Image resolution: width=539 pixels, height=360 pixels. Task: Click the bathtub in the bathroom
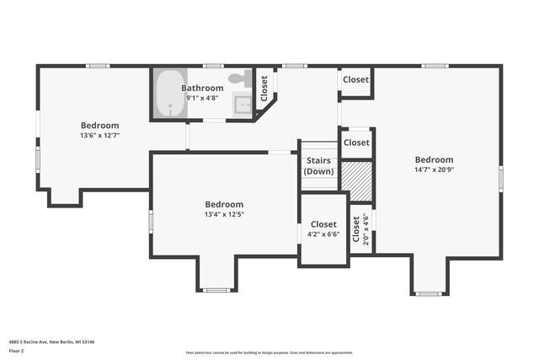[171, 94]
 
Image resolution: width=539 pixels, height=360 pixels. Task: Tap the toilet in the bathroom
[239, 78]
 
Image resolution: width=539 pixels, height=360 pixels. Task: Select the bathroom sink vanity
[242, 105]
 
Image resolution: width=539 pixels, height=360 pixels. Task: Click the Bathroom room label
[202, 88]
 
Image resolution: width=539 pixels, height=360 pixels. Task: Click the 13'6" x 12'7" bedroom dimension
[99, 135]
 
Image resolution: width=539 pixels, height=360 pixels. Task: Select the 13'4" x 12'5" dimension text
[224, 214]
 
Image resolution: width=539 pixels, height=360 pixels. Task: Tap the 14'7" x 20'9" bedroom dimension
[434, 169]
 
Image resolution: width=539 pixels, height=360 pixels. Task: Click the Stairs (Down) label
[319, 166]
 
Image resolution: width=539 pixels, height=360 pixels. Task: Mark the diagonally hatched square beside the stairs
[356, 178]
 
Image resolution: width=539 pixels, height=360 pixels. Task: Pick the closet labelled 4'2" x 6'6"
[323, 230]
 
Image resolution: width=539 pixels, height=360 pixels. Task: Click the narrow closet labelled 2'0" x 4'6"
[360, 228]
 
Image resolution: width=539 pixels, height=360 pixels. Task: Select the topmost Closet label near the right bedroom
[355, 79]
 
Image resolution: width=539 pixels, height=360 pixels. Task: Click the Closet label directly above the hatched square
[356, 142]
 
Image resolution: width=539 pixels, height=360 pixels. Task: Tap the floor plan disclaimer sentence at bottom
[269, 352]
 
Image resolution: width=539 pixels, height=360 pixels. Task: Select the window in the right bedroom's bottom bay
[430, 293]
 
